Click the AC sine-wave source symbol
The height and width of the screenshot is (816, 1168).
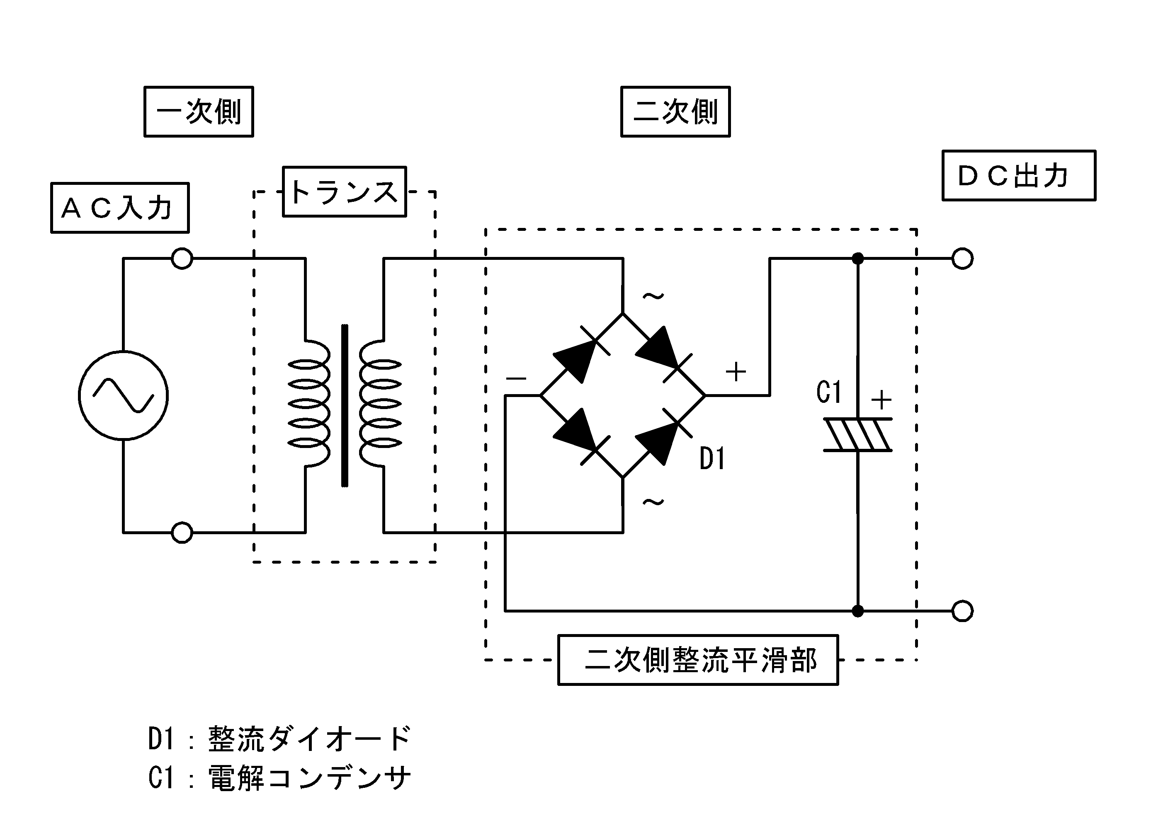point(123,395)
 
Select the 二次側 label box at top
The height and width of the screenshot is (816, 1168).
point(675,111)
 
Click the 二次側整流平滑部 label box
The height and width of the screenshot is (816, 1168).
point(697,660)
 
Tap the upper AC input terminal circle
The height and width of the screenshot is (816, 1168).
point(182,258)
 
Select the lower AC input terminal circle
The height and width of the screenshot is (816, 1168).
point(182,533)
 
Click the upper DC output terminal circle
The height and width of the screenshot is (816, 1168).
point(962,258)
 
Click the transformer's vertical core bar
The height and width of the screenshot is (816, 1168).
point(345,405)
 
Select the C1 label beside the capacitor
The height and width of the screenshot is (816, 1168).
point(829,392)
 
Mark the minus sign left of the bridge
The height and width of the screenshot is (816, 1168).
point(516,379)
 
